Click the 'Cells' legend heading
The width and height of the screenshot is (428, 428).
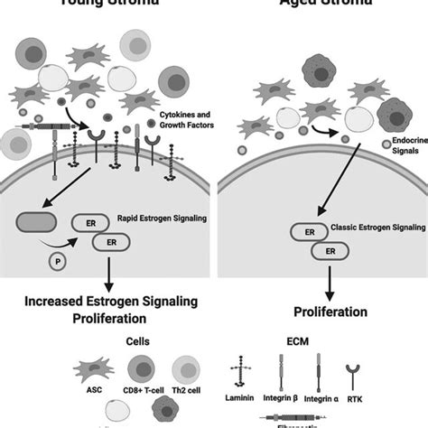tap(107, 343)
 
